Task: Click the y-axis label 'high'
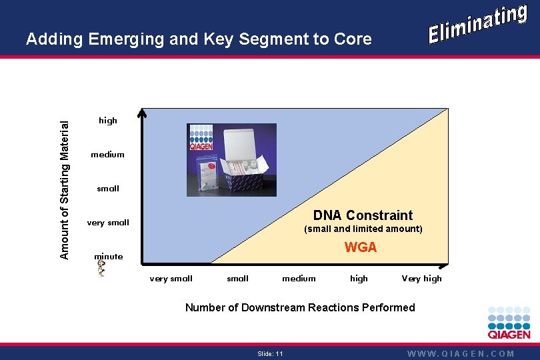click(107, 121)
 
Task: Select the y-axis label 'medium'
click(107, 155)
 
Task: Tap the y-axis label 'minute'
click(108, 257)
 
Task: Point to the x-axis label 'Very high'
click(421, 279)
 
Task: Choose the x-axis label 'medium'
click(299, 279)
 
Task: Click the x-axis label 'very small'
click(171, 279)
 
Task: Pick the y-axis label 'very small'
click(108, 223)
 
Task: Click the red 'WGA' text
click(361, 247)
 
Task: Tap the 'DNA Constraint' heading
click(363, 215)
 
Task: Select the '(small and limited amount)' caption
click(363, 229)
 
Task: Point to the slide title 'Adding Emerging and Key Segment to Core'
click(199, 39)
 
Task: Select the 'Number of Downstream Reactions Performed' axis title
click(300, 307)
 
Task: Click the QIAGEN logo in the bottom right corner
click(509, 323)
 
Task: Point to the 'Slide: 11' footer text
click(270, 353)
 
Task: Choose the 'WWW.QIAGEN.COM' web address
click(461, 353)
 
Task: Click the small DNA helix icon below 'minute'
click(101, 269)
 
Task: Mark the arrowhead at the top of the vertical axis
click(141, 113)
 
